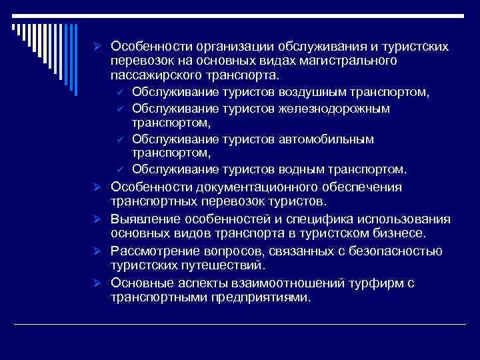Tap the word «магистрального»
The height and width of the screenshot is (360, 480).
pyautogui.click(x=349, y=61)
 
